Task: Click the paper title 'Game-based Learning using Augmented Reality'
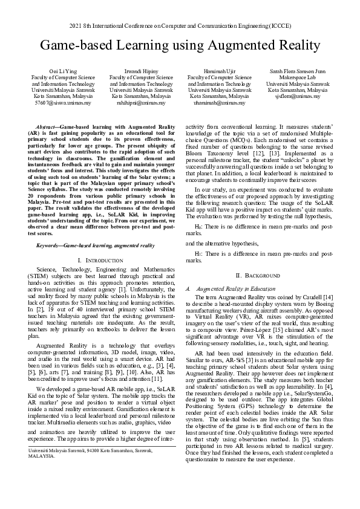pyautogui.click(x=180, y=45)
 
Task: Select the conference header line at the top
pyautogui.click(x=180, y=26)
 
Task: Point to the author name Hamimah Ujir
pyautogui.click(x=219, y=71)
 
